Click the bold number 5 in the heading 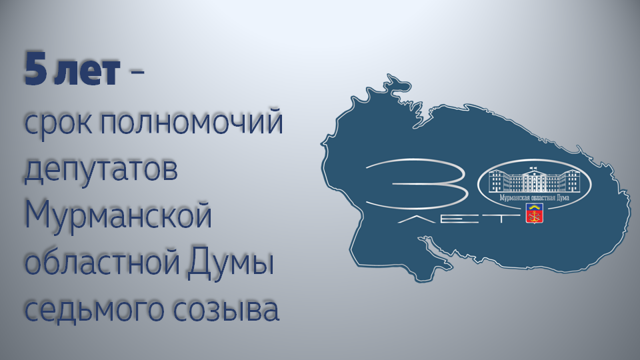(x=35, y=69)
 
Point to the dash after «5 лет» (x=136, y=72)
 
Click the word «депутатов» (x=101, y=169)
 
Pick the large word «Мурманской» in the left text (x=119, y=215)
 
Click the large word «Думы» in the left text (x=231, y=263)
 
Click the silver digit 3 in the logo (x=416, y=185)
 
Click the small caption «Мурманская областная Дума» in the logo (x=534, y=198)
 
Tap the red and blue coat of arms (x=534, y=214)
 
